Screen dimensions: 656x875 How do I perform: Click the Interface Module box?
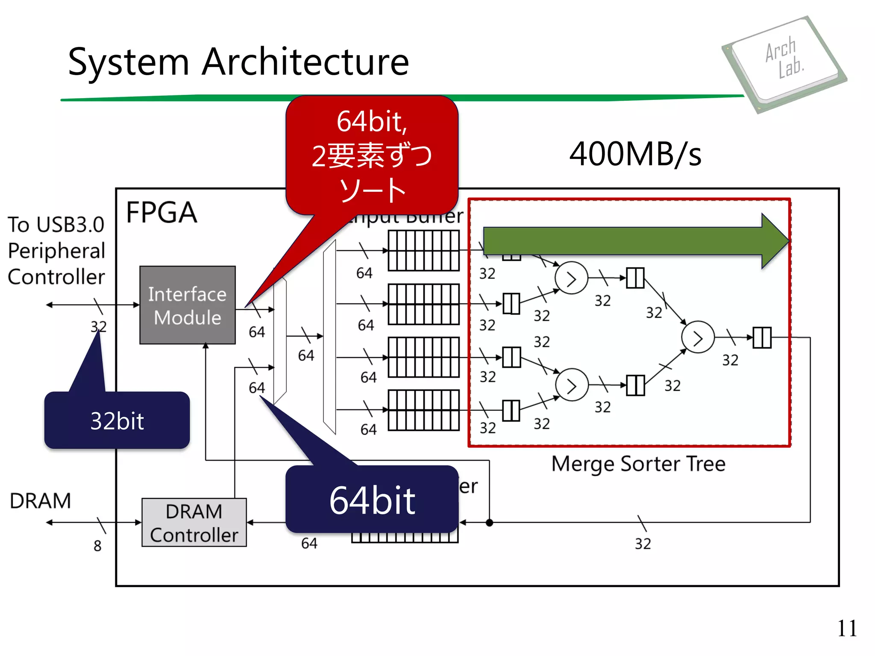(187, 305)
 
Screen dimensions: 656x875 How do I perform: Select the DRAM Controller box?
(194, 522)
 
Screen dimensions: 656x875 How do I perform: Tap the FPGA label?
(161, 212)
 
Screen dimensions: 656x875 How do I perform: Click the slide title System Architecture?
(238, 62)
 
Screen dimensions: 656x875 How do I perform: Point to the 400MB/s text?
(635, 154)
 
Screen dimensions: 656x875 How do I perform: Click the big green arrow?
(632, 241)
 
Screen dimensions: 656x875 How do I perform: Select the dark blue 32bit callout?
(117, 420)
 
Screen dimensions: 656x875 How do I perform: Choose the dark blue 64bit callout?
(372, 500)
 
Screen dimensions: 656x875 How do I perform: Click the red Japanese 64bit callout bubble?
(372, 156)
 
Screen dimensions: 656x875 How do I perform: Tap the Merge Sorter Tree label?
(638, 464)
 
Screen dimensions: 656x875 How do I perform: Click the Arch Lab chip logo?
(784, 64)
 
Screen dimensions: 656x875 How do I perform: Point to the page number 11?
(847, 628)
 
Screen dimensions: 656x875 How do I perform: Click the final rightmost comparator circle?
(698, 337)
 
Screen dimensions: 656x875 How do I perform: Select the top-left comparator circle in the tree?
(571, 278)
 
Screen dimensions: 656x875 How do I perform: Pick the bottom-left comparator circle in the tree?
(572, 385)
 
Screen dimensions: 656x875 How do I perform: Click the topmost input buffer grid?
(423, 251)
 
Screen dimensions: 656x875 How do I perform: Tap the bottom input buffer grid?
(423, 410)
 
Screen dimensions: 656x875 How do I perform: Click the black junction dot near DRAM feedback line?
(490, 522)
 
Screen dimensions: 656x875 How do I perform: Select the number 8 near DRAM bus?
(97, 546)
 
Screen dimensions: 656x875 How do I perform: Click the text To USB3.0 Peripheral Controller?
(56, 251)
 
